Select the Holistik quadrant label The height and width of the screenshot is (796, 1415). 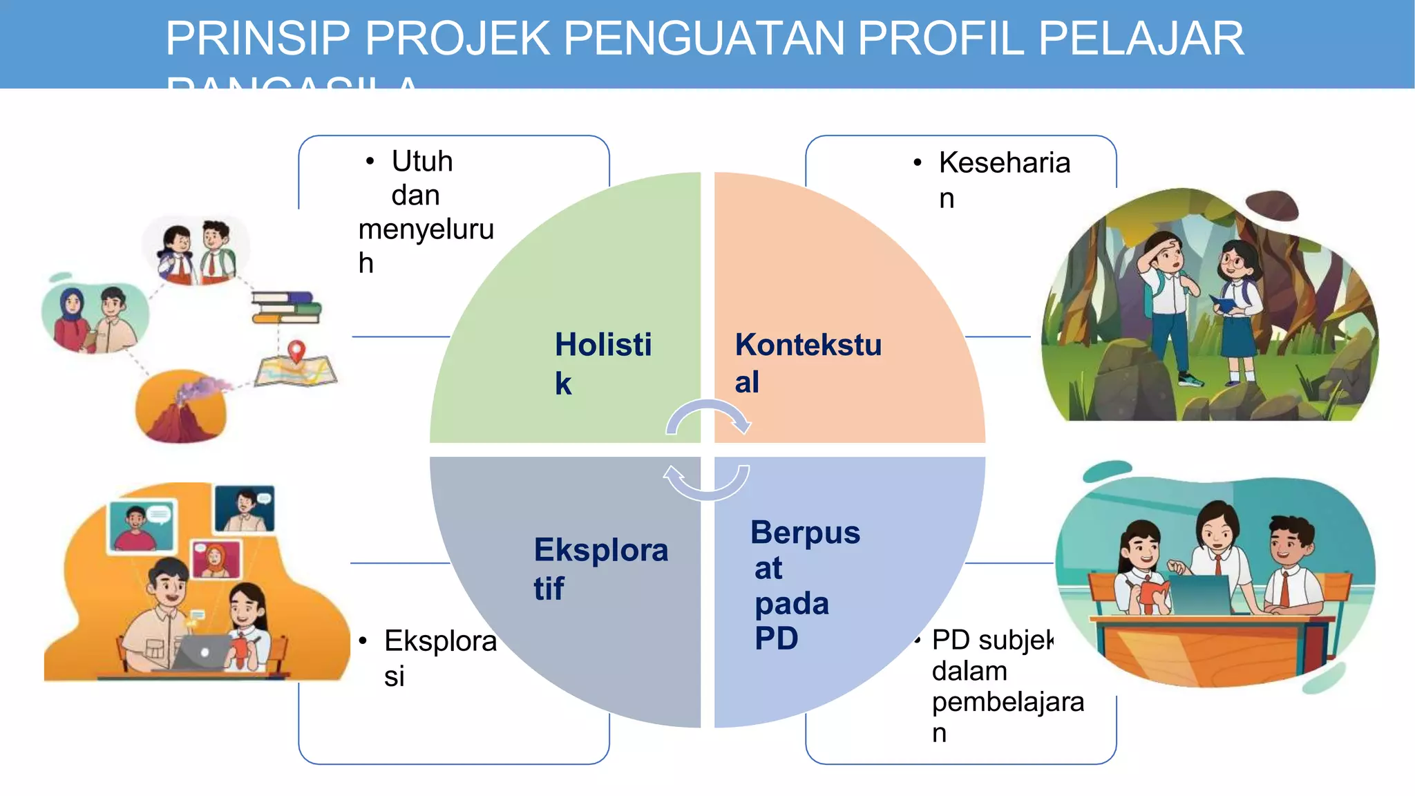602,363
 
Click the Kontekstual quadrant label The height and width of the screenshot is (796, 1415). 807,363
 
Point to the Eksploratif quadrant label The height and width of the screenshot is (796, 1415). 600,569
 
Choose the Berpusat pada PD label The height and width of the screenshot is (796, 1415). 804,585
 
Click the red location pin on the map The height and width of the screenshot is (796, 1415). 296,350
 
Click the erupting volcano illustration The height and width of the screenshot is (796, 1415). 181,408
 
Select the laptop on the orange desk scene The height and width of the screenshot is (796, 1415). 202,652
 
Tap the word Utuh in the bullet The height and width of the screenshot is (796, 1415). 422,162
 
